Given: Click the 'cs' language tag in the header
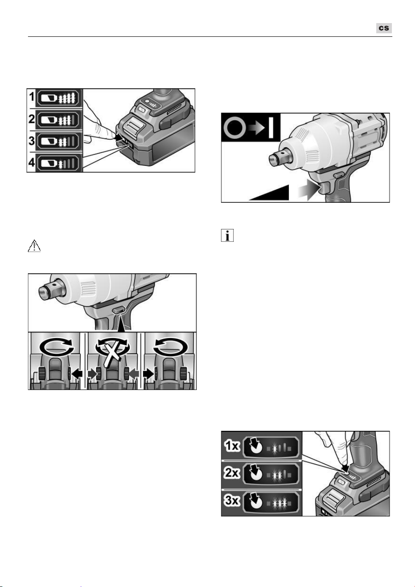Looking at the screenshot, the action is click(384, 28).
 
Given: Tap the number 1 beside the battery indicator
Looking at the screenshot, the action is click(32, 97).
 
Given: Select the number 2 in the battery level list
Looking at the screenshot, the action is click(32, 119).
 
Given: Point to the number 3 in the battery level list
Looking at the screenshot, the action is click(32, 141).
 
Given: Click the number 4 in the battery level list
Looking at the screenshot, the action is click(32, 162).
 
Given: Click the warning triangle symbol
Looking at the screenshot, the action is click(34, 246).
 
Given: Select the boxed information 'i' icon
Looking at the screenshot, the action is click(227, 235).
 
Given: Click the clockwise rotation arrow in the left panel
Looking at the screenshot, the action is click(57, 347).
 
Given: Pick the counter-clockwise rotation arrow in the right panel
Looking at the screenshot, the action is click(171, 347).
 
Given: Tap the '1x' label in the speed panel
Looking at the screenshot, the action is click(232, 446).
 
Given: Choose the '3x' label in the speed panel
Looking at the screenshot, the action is click(232, 500).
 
